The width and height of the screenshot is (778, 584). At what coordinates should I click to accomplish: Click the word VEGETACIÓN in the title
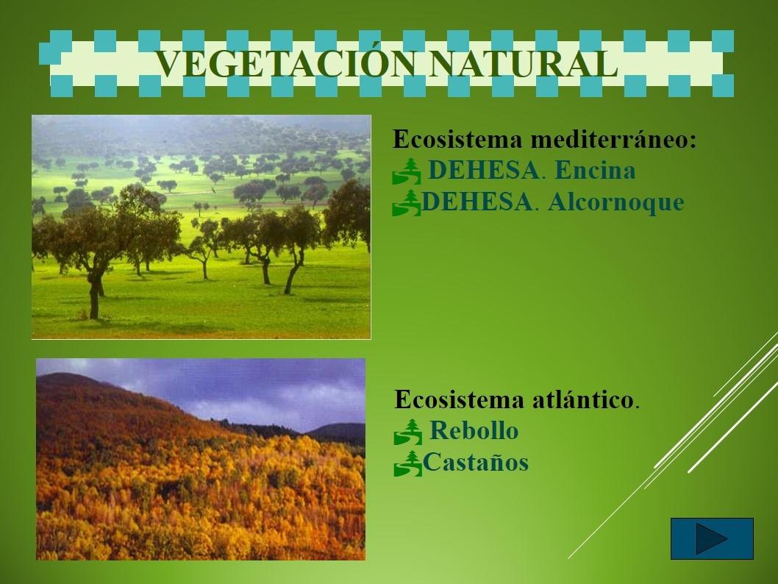point(285,65)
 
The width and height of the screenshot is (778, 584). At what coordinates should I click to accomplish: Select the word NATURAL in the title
point(524,65)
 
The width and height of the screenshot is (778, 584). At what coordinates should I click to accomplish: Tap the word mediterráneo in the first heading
point(614,140)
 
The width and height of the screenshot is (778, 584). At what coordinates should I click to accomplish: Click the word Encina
point(595,170)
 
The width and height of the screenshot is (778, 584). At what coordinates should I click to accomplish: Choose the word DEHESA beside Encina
point(483,170)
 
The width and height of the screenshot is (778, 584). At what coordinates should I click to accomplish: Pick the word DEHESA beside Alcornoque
point(477,202)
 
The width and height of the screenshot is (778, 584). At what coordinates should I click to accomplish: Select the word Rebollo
point(474,431)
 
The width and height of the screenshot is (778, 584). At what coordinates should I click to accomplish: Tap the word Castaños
point(476,463)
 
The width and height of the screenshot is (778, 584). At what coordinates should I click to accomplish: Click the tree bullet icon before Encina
point(407,171)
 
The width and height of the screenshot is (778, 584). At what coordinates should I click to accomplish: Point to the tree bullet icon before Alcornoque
point(407,203)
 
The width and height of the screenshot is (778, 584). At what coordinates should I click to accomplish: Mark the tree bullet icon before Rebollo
point(408,432)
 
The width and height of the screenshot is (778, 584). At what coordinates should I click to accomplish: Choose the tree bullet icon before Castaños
point(408,463)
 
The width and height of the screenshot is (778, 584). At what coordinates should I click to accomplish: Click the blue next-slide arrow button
point(712,539)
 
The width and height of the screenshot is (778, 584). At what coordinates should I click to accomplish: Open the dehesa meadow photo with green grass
point(201,227)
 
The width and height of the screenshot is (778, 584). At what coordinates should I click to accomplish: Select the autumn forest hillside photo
point(201,460)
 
